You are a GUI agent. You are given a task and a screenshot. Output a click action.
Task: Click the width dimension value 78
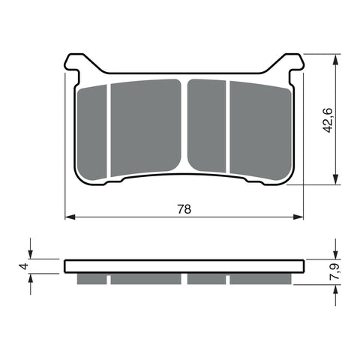click(184, 209)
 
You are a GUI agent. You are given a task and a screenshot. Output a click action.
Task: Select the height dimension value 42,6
click(327, 120)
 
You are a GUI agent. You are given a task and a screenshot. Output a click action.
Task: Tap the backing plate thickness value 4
click(24, 266)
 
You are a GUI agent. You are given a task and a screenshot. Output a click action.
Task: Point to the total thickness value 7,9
click(335, 271)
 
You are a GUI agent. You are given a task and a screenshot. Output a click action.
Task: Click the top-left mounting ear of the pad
click(73, 62)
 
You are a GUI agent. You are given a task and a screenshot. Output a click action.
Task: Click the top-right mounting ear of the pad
click(295, 62)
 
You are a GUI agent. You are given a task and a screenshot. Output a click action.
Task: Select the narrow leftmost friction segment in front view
click(92, 133)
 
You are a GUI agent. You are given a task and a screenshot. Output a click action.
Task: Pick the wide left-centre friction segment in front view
click(146, 127)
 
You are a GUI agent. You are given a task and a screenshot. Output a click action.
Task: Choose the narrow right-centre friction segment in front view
click(207, 126)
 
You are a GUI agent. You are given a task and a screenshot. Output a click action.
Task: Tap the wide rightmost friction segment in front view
click(260, 130)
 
